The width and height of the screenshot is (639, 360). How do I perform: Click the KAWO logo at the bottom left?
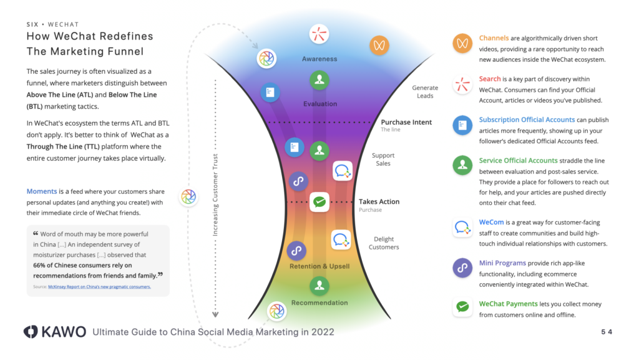(x=55, y=332)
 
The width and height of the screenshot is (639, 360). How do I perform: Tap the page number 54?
(x=606, y=332)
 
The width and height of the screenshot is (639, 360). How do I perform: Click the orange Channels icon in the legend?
(x=462, y=44)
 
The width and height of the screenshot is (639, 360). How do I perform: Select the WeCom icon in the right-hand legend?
(x=462, y=227)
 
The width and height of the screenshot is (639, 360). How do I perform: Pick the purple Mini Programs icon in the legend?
(x=462, y=267)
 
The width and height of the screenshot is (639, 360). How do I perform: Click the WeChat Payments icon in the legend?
(x=462, y=307)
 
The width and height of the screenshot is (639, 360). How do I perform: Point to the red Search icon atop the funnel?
(x=319, y=34)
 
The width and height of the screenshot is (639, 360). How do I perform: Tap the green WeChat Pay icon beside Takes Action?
(x=319, y=202)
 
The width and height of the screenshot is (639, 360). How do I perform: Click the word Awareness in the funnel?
(x=319, y=59)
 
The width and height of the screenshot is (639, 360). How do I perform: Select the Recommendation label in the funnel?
(x=319, y=303)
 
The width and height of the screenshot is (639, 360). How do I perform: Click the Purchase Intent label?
(x=406, y=122)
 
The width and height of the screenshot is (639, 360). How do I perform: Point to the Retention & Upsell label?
(x=319, y=266)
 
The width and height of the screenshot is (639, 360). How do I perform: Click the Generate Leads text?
(x=425, y=92)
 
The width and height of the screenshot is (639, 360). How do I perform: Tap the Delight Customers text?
(x=384, y=243)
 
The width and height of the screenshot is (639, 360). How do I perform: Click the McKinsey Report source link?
(x=99, y=287)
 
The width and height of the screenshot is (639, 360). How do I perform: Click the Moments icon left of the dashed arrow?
(x=188, y=197)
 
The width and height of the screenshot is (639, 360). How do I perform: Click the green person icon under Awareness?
(x=319, y=80)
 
